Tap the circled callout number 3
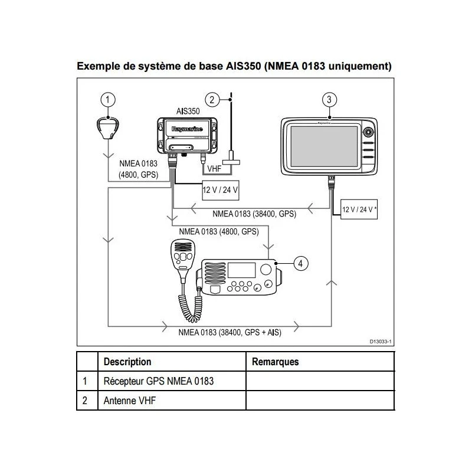coord(330,99)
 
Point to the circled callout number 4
coord(300,264)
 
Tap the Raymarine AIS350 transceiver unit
coord(188,135)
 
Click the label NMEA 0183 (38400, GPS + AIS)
coord(230,332)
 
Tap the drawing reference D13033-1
coord(381,342)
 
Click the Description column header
coord(127,362)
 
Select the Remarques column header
coord(275,362)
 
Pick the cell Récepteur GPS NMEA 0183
coord(158,381)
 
